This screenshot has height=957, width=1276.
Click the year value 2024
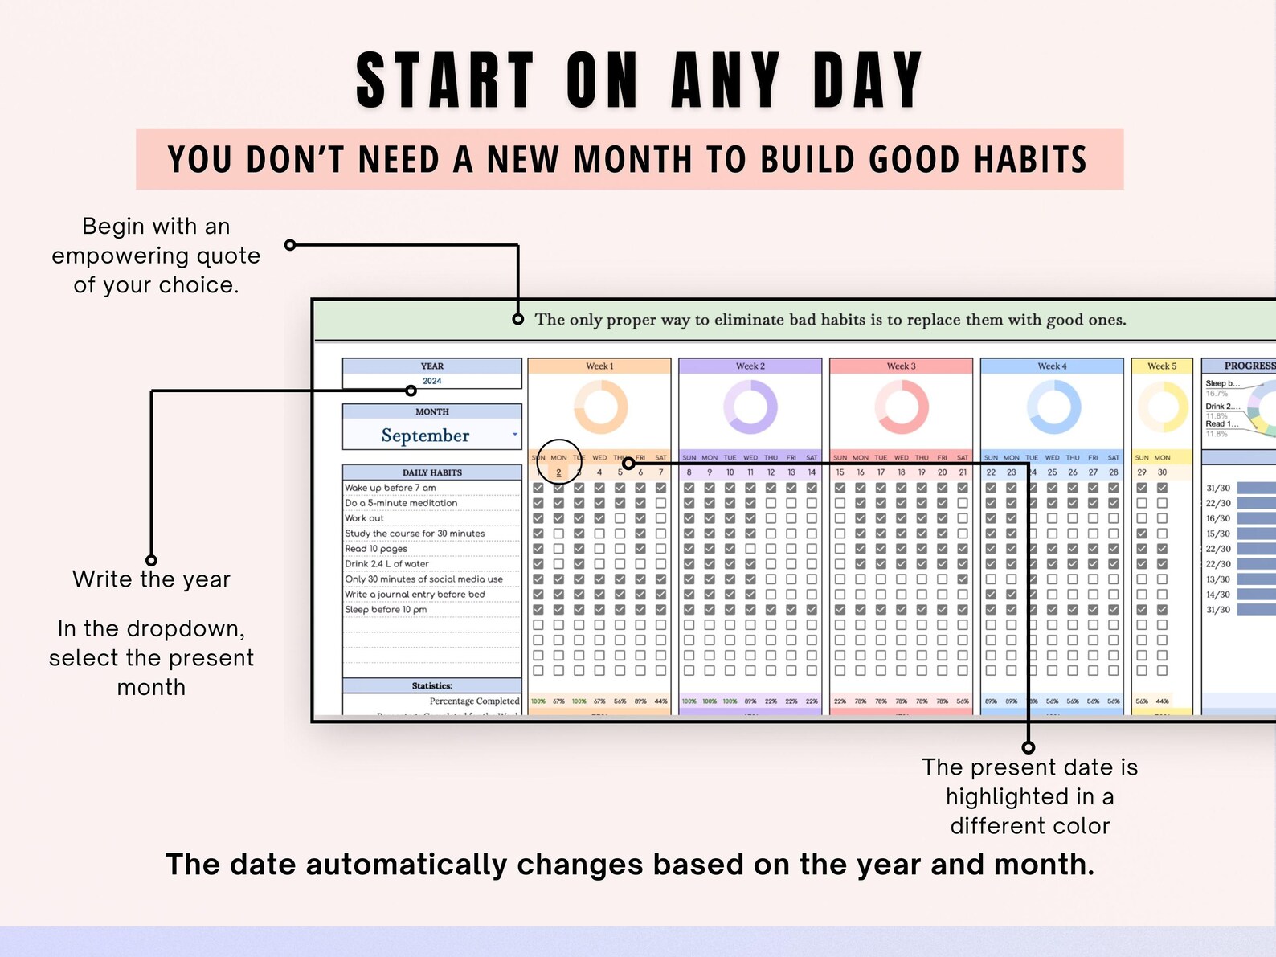click(x=432, y=381)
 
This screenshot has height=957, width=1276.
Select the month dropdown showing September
click(x=431, y=436)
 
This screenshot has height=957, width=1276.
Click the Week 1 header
click(x=599, y=366)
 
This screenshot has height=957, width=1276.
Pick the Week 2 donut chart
click(x=750, y=407)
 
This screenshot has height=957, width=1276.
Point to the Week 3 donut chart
click(x=902, y=407)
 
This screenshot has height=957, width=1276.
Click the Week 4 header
click(x=1052, y=366)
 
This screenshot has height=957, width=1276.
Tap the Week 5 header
click(x=1162, y=366)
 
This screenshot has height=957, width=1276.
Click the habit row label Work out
click(x=365, y=518)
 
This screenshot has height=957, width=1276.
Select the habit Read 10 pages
click(x=376, y=549)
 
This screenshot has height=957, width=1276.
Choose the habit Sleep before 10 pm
click(x=386, y=610)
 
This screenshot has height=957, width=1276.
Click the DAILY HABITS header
click(x=432, y=472)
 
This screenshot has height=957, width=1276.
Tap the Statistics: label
click(x=432, y=686)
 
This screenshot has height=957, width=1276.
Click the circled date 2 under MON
click(x=558, y=472)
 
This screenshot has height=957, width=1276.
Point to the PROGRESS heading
click(x=1249, y=366)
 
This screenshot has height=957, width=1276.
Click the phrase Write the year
click(x=151, y=579)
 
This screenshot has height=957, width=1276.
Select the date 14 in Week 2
click(x=812, y=472)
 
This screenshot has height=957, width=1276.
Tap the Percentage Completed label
click(x=474, y=701)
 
